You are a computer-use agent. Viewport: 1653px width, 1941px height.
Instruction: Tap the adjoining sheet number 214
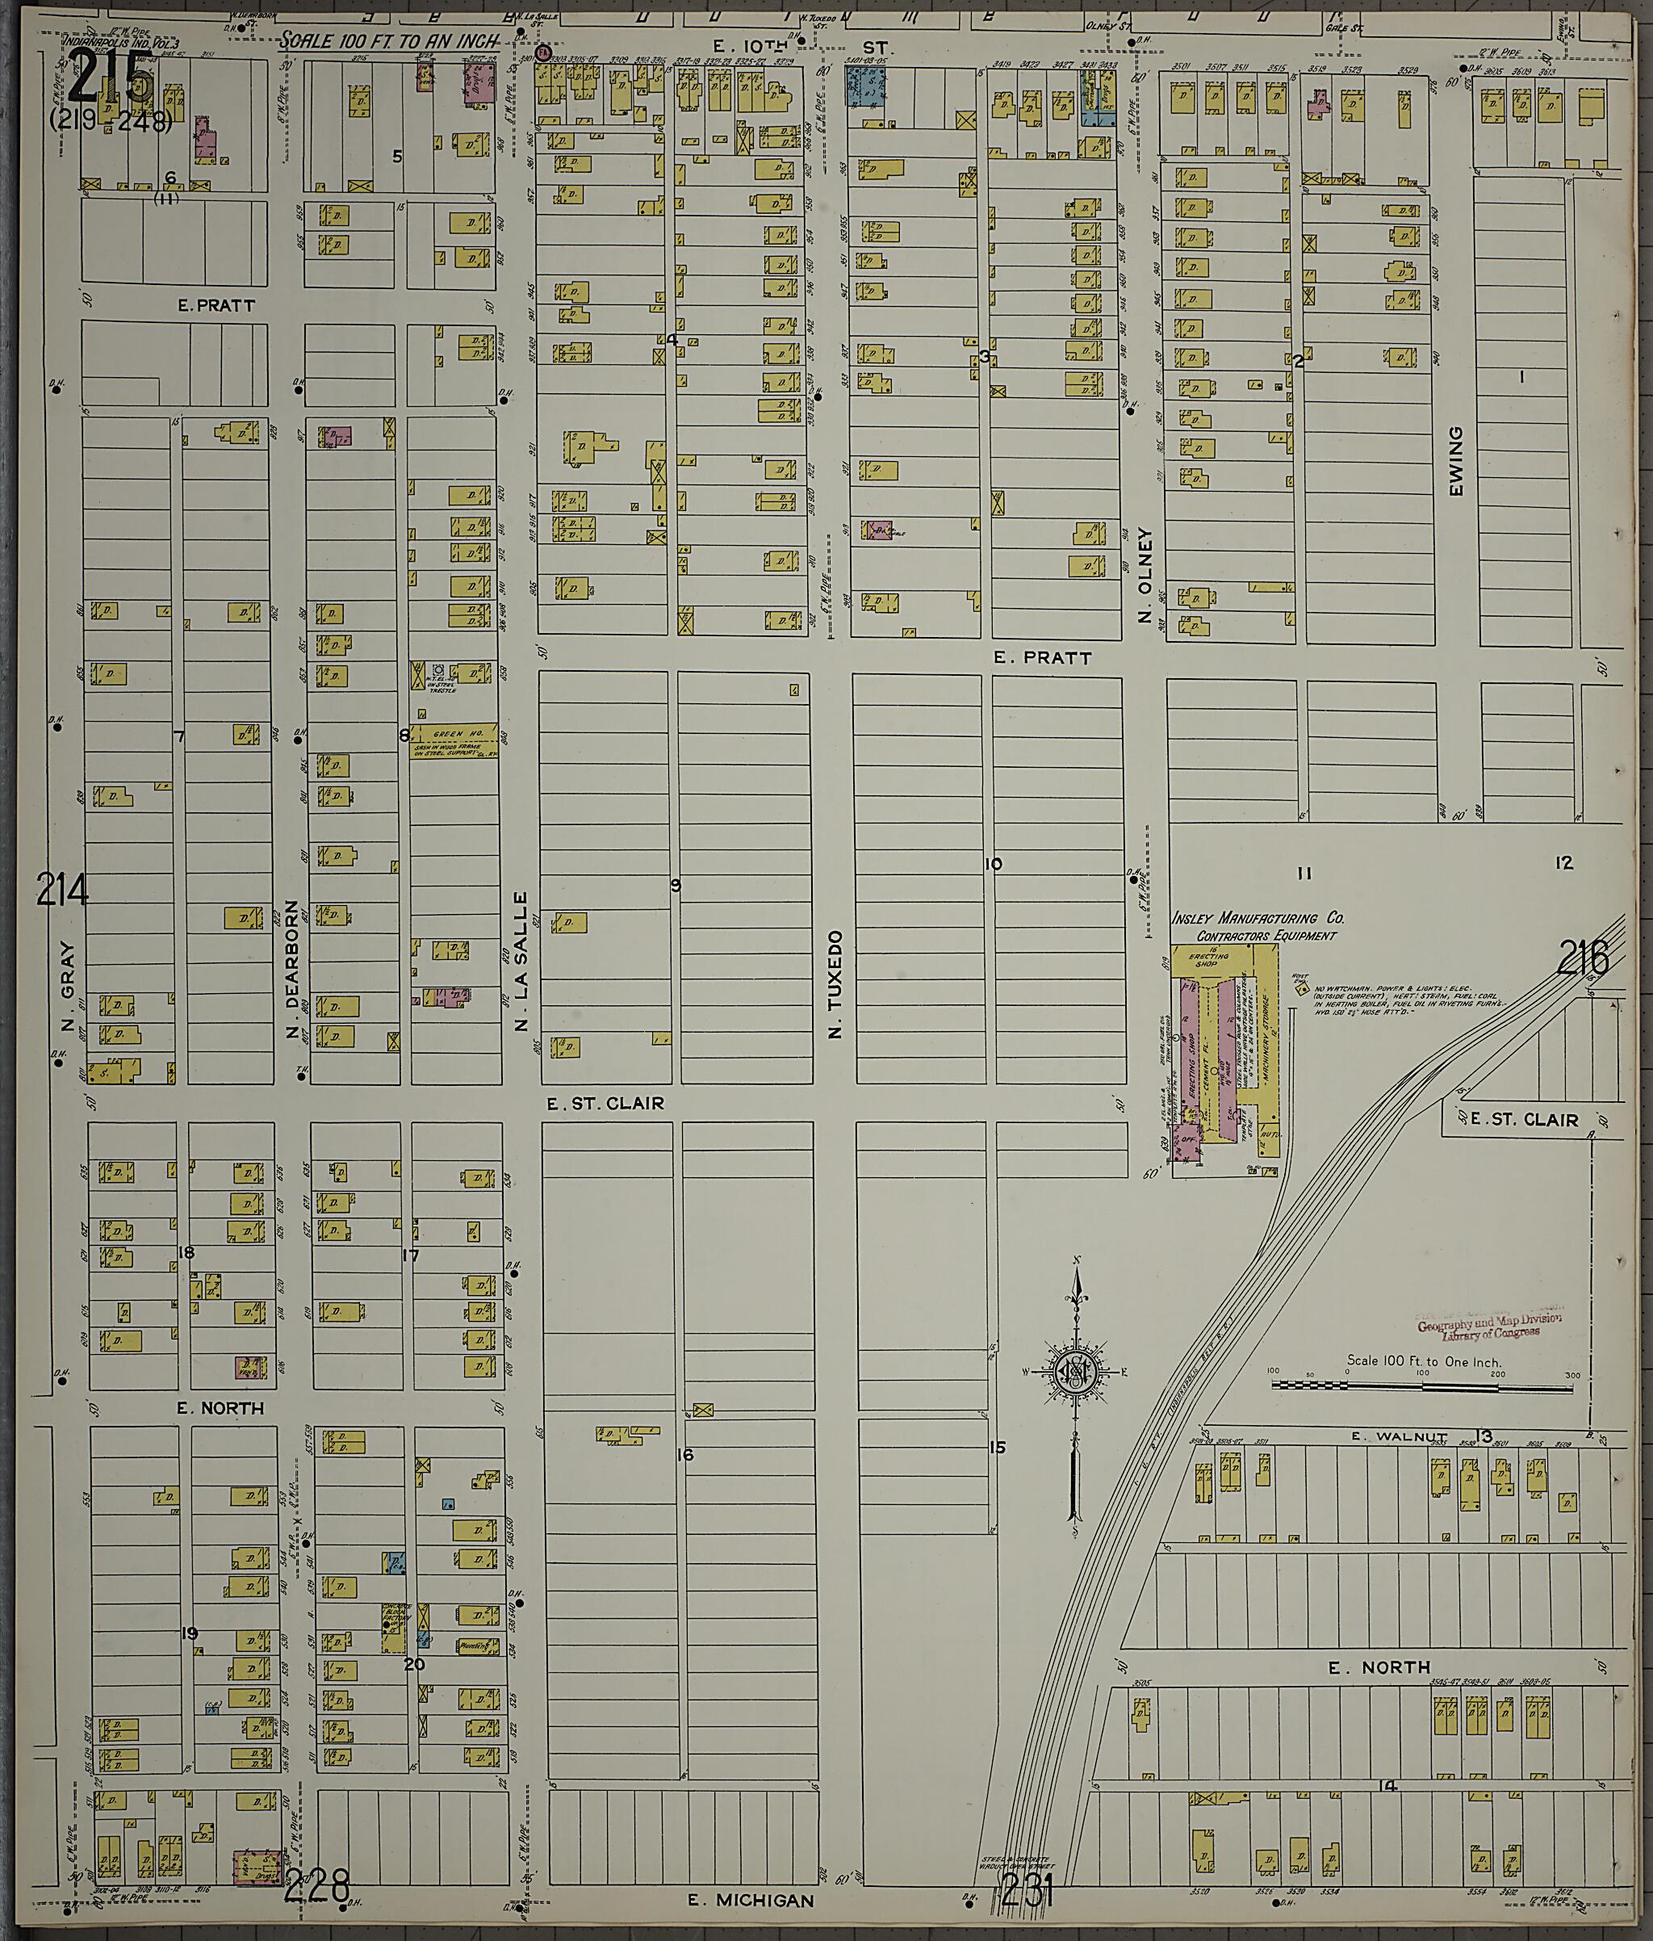point(63,890)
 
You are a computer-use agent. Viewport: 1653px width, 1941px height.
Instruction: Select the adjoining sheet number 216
point(1583,958)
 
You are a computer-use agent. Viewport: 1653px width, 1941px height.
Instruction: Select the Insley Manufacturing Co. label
point(1258,919)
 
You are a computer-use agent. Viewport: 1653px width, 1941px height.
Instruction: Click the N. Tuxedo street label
point(835,983)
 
